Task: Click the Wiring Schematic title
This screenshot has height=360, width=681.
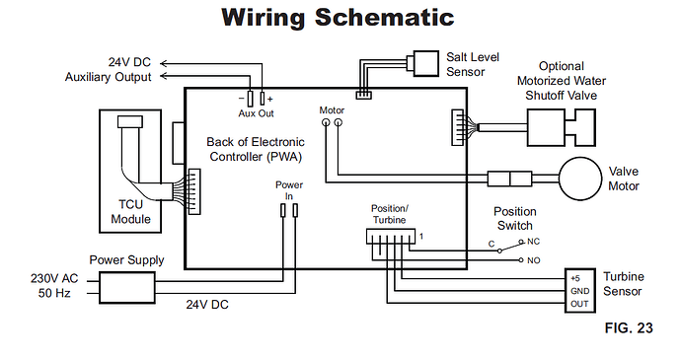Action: [338, 18]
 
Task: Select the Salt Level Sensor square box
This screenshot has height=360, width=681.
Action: [425, 63]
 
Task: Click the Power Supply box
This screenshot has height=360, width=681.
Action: [126, 287]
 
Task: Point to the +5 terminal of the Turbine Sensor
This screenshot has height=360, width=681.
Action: [575, 278]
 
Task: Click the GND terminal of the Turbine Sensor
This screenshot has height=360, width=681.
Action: [579, 291]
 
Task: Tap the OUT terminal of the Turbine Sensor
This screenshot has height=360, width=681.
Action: [579, 304]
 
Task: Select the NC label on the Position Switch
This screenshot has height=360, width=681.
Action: [533, 242]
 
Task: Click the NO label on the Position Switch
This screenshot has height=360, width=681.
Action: [533, 260]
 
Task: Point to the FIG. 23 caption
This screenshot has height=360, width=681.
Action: [629, 327]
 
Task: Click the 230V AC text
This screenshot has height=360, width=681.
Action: [54, 278]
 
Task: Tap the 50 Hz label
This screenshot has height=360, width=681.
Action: [54, 293]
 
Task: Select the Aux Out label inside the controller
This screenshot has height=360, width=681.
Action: [256, 113]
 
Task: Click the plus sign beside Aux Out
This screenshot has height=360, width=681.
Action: [270, 99]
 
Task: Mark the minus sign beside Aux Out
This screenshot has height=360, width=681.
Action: [241, 99]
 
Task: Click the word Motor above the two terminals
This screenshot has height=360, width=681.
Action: [332, 110]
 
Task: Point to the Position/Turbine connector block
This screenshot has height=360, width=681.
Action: [391, 237]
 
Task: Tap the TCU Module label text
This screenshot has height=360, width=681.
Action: [130, 211]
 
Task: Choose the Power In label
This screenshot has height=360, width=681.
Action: [289, 190]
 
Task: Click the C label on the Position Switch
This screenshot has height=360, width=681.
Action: [492, 244]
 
